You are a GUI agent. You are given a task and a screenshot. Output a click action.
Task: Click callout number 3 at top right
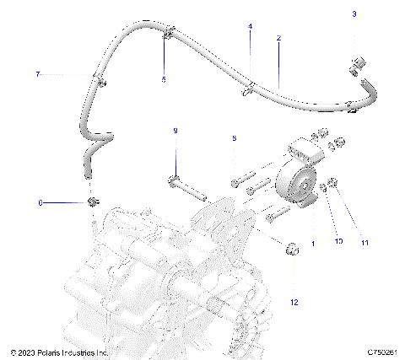[354, 14]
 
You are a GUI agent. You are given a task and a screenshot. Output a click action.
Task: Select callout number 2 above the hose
[278, 39]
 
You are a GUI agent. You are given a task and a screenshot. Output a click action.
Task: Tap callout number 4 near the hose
[250, 27]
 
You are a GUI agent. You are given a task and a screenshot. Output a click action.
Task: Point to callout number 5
[165, 79]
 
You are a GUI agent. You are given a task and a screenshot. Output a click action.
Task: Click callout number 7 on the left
[37, 75]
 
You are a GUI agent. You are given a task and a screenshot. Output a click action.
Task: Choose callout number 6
[40, 202]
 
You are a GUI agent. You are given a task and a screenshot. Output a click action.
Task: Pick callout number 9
[175, 131]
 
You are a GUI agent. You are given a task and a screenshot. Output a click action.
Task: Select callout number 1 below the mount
[313, 243]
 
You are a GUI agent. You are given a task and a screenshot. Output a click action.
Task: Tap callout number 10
[338, 242]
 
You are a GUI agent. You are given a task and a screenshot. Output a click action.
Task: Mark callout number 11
[364, 243]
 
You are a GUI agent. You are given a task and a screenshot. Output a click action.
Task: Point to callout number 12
[294, 301]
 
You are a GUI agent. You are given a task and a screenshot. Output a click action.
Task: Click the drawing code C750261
[381, 352]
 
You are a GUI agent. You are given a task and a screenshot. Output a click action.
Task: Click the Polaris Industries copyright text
[58, 352]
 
